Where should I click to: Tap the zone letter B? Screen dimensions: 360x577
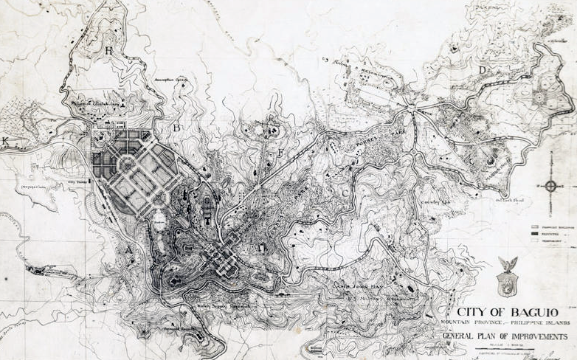(176, 127)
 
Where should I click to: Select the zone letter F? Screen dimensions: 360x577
(280, 153)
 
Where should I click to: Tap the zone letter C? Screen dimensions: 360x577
(345, 193)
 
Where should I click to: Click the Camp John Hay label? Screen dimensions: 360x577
(355, 282)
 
